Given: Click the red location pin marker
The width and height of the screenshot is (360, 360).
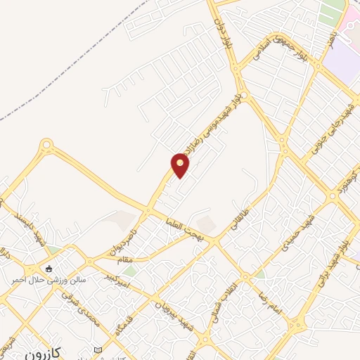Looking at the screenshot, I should (181, 165).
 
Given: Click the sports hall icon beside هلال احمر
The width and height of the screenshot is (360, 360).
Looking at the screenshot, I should (49, 268).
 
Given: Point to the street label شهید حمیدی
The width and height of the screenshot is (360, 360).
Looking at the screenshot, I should (296, 236).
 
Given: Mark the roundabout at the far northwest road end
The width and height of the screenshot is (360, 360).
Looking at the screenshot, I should (47, 146).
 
